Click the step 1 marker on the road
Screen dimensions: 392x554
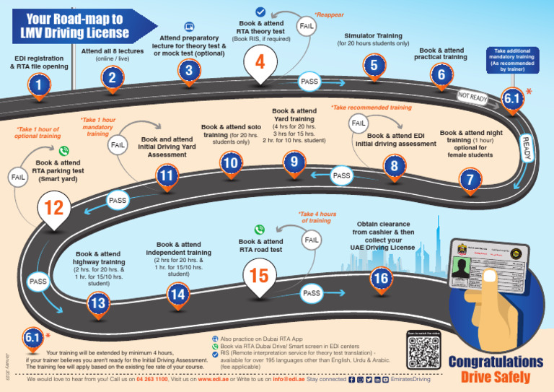pos(39,86)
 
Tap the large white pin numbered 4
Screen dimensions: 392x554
pos(260,64)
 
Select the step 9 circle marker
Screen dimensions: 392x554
pos(293,163)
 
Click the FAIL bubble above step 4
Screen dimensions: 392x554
pos(306,25)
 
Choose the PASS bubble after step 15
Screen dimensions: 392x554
pos(311,293)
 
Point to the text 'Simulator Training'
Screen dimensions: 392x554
pos(373,35)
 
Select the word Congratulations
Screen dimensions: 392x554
pos(496,362)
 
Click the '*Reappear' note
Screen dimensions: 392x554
pos(329,14)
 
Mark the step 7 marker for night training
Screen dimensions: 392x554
pos(470,180)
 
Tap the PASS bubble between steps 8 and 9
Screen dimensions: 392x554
pos(341,175)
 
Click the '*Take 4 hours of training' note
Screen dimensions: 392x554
pos(317,217)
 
